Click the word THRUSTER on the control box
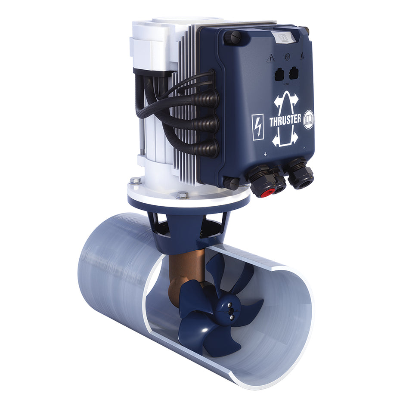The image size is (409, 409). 285,121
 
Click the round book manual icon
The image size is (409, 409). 309,120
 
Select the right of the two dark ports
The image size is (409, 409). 294,74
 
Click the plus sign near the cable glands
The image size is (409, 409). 266,154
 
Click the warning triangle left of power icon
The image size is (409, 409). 270,58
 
